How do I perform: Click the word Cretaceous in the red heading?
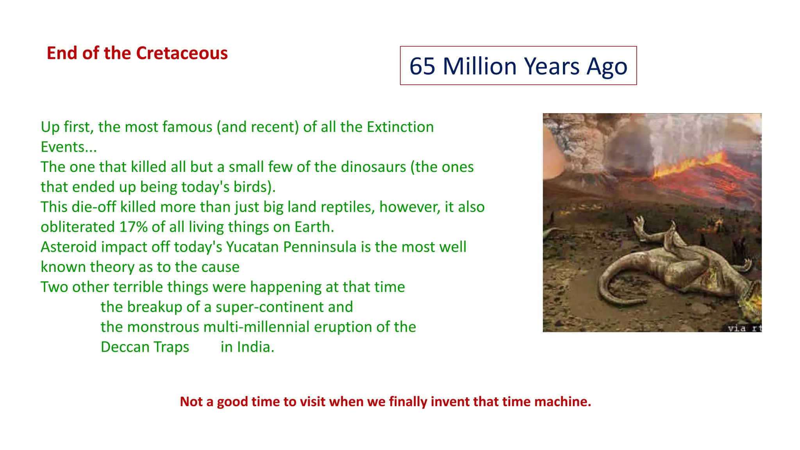coord(182,53)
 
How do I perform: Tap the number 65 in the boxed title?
coord(422,66)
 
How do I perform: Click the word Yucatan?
coord(252,247)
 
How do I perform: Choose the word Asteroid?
coord(69,247)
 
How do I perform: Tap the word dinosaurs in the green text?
coord(373,167)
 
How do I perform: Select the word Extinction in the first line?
coord(400,127)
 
